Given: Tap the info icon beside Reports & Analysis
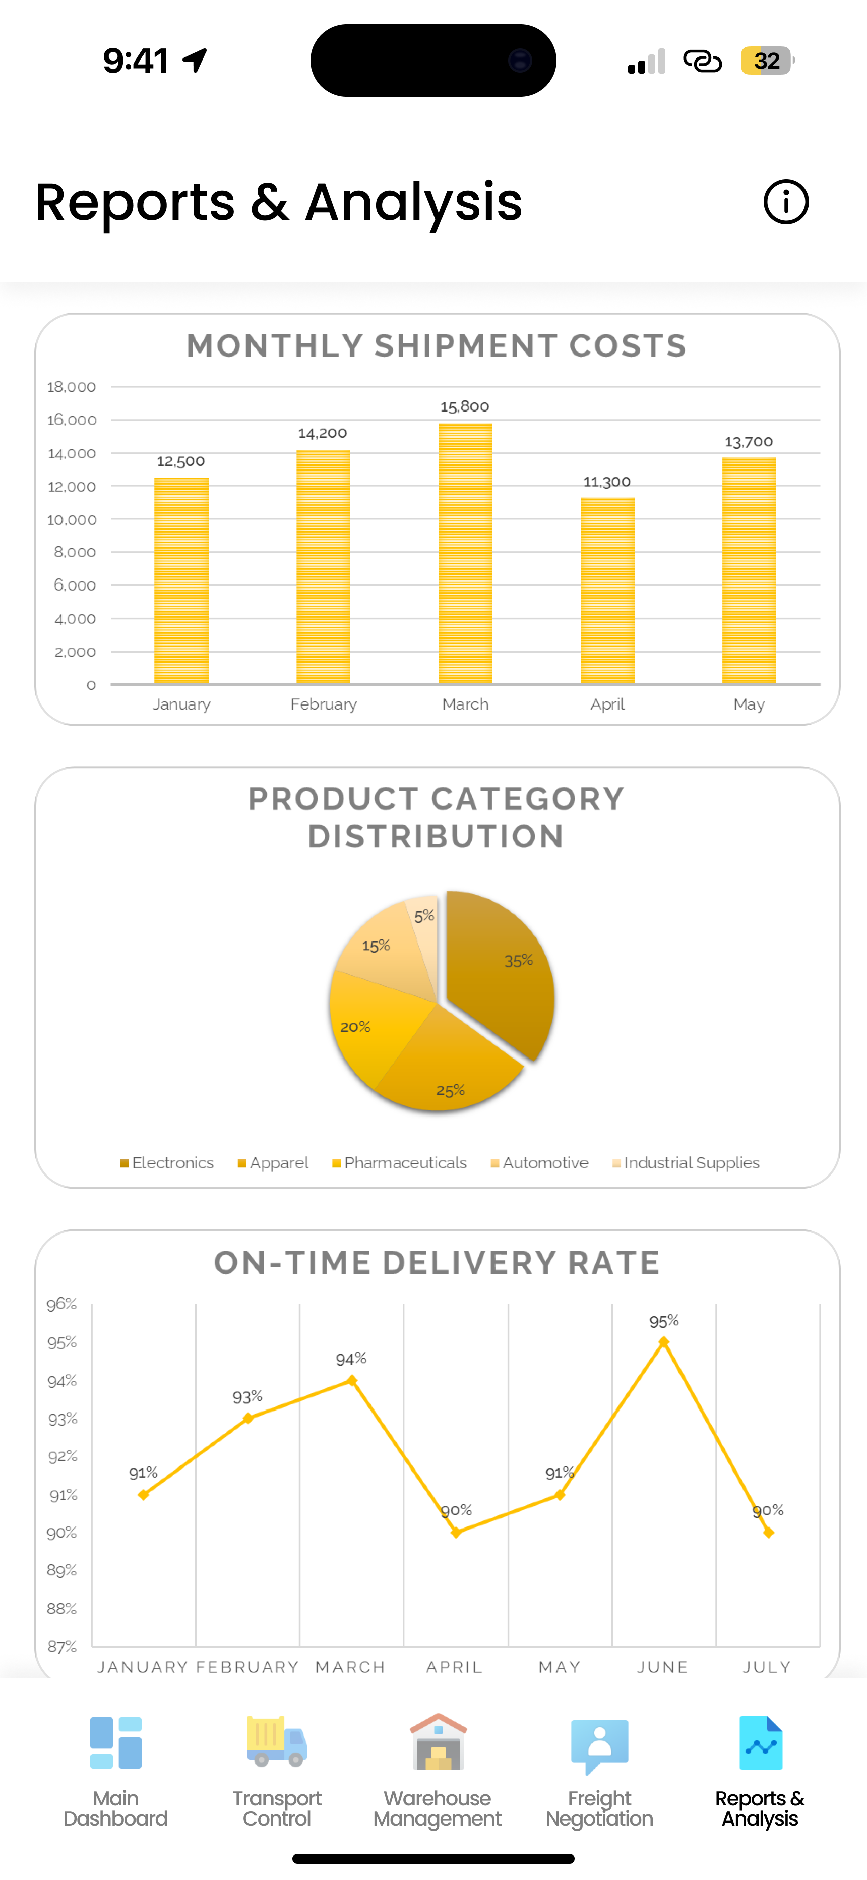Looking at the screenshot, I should [785, 202].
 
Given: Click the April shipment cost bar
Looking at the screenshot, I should [607, 591].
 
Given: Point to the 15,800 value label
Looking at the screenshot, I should [464, 406].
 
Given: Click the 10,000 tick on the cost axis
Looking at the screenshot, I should [72, 519].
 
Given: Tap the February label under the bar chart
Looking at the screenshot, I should [323, 704].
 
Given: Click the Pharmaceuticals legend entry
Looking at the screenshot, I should [399, 1162].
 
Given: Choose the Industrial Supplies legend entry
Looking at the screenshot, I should [686, 1162].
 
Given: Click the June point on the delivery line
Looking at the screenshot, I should [663, 1342].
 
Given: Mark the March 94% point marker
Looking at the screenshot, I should [352, 1380].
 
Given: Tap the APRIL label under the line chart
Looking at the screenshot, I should [454, 1667].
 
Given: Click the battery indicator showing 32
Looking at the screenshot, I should [766, 61].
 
